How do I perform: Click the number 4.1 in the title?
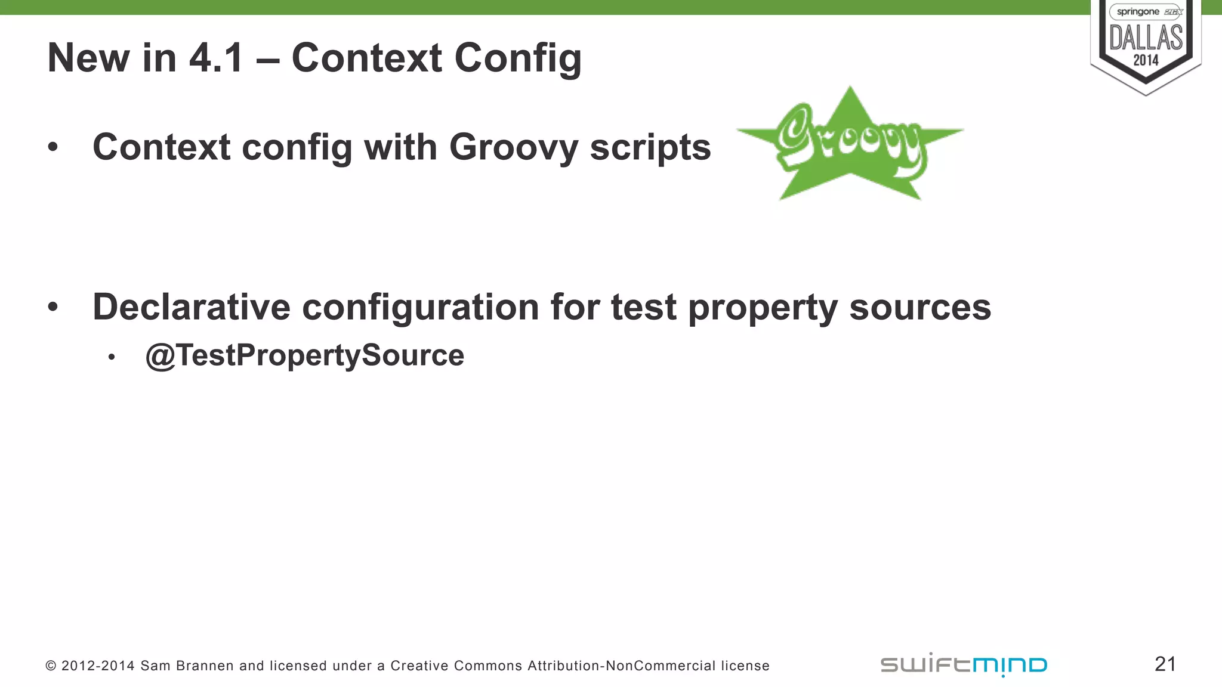[216, 58]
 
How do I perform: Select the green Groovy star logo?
[850, 144]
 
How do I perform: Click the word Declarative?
[191, 307]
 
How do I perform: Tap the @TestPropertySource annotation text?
[304, 355]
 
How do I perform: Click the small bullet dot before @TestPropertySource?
[112, 357]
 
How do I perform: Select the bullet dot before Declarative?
[53, 307]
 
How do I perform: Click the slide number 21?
[1165, 664]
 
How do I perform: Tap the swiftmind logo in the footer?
[964, 664]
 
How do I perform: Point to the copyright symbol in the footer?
[51, 666]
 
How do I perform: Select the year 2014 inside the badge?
[1146, 60]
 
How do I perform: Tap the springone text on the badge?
[1138, 12]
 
